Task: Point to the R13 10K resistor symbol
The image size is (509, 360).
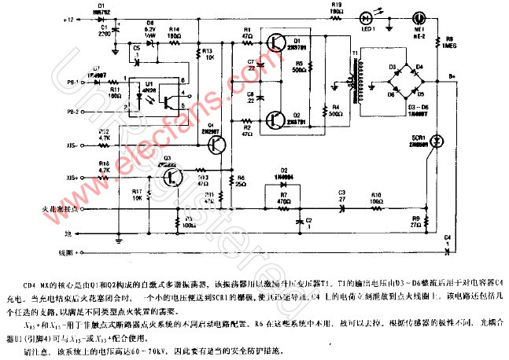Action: [x=197, y=53]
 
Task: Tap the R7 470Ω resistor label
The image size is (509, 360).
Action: [x=273, y=193]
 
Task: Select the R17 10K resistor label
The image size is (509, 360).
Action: [x=137, y=193]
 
